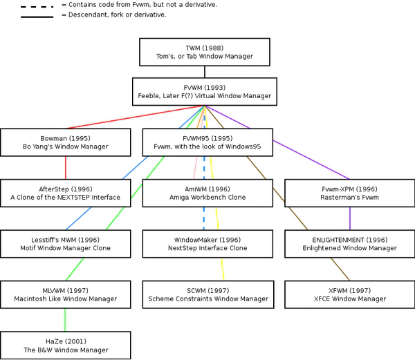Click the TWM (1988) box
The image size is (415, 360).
[205, 52]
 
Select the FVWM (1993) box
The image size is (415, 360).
[205, 91]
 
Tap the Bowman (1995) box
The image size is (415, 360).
[65, 142]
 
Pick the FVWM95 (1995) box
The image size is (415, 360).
[208, 142]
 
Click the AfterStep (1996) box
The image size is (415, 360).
[65, 193]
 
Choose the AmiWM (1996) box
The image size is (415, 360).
[208, 193]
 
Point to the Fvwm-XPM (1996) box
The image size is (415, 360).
[349, 193]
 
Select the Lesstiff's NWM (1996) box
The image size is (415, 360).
[65, 243]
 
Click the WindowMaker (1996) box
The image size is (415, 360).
[208, 243]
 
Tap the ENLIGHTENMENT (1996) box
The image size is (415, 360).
[349, 243]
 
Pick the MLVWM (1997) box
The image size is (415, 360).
[65, 294]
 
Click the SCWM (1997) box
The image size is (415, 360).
[208, 294]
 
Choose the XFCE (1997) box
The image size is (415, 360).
[349, 294]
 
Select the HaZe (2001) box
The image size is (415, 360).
[65, 345]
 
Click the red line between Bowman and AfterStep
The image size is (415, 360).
[66, 167]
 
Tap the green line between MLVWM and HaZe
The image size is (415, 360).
[66, 319]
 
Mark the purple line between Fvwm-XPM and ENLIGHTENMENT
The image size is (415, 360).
[350, 218]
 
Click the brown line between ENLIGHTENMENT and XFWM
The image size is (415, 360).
[340, 269]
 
